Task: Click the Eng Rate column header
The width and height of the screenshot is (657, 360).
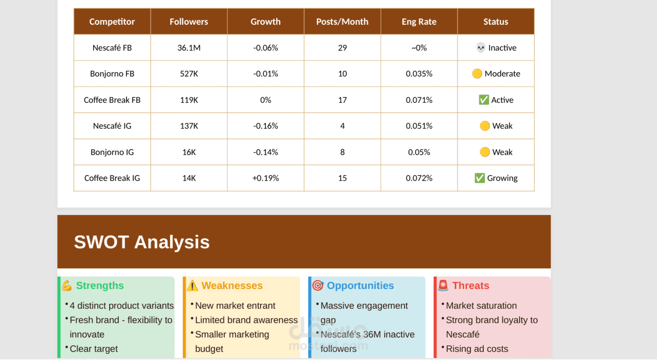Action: point(419,22)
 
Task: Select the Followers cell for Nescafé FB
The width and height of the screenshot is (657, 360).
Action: point(189,48)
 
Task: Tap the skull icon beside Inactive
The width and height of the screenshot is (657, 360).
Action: point(481,48)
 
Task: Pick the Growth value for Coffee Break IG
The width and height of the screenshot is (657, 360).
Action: point(266,178)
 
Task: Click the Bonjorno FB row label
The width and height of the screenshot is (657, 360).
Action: point(112,74)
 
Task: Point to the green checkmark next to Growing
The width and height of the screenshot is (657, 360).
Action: point(479,178)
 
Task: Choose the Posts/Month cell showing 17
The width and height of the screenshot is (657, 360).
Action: point(342,100)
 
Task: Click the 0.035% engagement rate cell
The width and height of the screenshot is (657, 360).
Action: point(419,74)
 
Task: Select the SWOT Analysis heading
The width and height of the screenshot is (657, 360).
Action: point(142,242)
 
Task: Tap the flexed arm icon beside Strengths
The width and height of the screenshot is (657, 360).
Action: point(67,286)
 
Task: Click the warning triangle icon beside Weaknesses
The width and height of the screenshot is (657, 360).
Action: point(192,286)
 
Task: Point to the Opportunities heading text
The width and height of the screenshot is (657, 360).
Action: point(360,286)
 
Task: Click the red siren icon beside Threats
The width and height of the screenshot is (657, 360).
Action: point(443,285)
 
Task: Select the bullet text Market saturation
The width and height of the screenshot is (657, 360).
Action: point(481,306)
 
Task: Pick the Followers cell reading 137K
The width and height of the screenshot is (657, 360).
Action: point(189,126)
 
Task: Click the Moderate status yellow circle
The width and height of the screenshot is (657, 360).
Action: point(477,74)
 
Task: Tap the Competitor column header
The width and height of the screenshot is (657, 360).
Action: point(112,22)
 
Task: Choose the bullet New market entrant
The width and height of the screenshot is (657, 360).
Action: point(235,306)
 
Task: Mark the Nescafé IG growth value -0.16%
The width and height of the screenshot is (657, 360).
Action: point(266,126)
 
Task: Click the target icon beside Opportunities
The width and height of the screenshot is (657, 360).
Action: point(318,286)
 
